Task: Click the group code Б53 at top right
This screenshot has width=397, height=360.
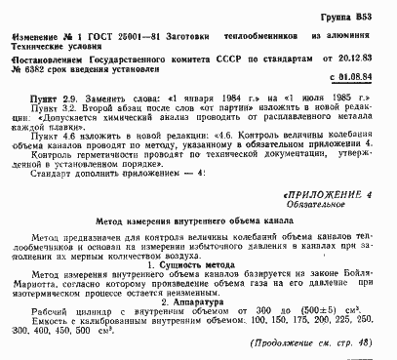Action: point(366,17)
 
